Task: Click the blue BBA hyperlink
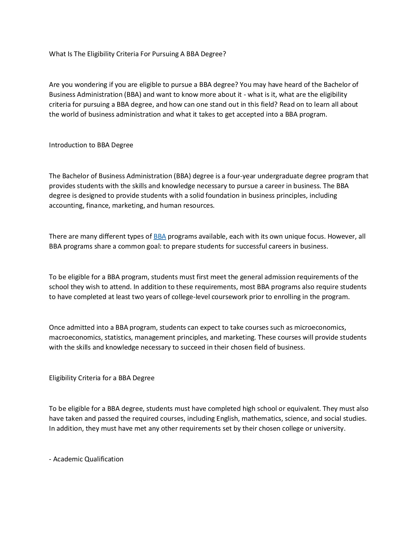click(x=160, y=237)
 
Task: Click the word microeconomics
click(x=320, y=328)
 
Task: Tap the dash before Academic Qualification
click(x=50, y=459)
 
